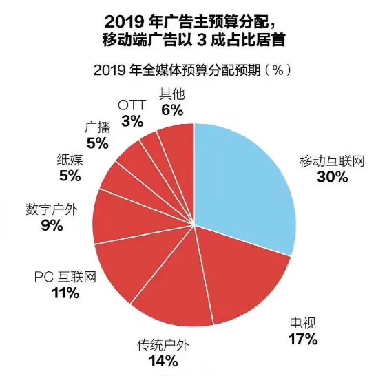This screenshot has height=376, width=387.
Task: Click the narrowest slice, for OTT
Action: [151, 148]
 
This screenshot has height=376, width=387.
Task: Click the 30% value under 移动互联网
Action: [332, 177]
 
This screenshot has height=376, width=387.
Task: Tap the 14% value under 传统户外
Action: [163, 360]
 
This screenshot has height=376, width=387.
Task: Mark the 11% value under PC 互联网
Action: [65, 293]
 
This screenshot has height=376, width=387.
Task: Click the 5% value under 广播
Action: [97, 143]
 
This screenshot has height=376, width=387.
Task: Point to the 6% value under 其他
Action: [171, 109]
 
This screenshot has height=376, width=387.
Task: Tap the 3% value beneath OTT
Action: [132, 121]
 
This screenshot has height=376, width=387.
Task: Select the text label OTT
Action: [132, 105]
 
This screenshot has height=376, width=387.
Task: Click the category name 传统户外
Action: [163, 344]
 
